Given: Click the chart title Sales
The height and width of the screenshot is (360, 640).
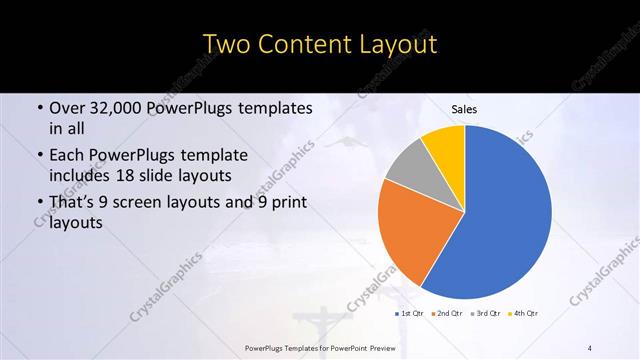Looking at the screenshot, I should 464,108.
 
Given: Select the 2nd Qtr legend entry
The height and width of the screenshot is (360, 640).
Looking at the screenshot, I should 447,313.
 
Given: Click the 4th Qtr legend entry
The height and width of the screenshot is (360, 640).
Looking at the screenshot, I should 524,313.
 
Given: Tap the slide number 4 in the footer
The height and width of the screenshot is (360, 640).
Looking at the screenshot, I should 589,347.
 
